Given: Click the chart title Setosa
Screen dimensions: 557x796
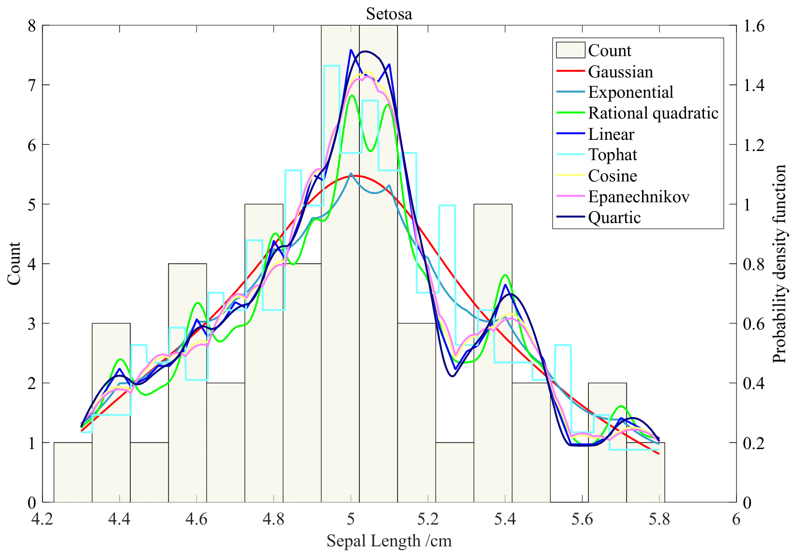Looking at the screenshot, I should (389, 14).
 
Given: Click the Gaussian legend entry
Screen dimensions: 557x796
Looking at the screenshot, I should (620, 72).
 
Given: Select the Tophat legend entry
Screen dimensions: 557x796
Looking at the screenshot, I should (612, 155).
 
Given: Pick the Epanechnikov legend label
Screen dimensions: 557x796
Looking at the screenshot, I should (639, 196).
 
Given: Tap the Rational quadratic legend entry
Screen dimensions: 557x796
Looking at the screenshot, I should (653, 113).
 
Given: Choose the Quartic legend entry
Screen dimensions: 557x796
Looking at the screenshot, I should (614, 218).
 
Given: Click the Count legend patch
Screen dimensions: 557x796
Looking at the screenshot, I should (570, 50).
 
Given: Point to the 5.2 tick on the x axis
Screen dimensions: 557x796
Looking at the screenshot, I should (428, 519).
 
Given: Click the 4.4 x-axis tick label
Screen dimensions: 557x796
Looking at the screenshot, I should (119, 519).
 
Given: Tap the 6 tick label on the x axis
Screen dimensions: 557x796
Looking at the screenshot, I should (736, 519).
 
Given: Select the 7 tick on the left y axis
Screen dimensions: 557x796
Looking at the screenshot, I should (31, 85).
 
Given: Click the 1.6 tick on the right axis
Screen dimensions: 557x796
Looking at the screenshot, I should (753, 26).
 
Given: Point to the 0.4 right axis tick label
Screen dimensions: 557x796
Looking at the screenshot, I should (753, 383).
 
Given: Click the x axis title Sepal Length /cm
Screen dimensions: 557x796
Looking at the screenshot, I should (389, 541).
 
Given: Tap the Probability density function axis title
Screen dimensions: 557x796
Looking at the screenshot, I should (779, 264).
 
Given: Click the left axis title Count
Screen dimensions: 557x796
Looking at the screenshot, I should (14, 264).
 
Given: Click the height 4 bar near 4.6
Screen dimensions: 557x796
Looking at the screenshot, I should (187, 436).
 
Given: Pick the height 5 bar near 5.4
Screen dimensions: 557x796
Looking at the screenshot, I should (492, 411).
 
